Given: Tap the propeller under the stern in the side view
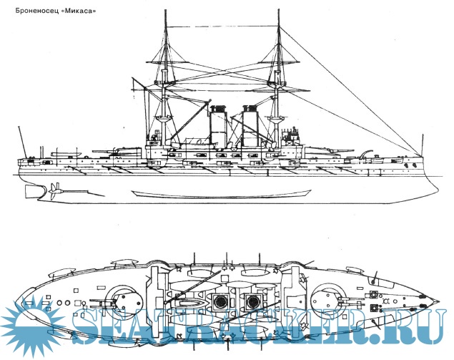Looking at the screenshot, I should coord(54,190).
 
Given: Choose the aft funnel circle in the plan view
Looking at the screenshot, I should coord(214,301).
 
